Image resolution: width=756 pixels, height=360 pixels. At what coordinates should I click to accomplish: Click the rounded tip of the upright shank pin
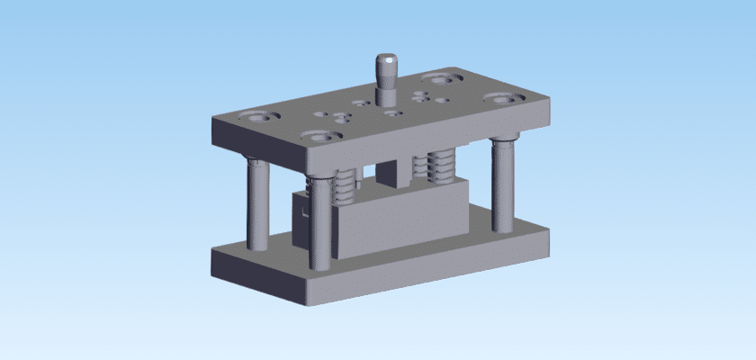click(387, 61)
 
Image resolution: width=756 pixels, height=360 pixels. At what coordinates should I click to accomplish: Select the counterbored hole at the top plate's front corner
click(321, 137)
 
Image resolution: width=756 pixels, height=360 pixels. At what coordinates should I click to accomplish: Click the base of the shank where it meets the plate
click(388, 100)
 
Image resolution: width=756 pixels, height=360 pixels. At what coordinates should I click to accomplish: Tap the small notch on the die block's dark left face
click(305, 215)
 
